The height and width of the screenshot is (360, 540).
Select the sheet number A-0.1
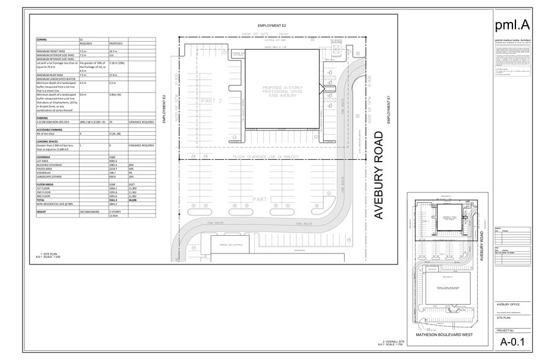click(x=512, y=342)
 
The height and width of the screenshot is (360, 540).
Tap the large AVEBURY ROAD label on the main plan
click(x=378, y=174)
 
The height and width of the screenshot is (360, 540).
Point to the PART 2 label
click(x=211, y=102)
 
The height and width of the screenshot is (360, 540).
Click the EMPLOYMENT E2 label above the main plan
click(x=272, y=25)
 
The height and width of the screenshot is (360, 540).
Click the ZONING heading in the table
click(x=42, y=39)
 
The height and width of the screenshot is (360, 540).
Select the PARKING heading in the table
click(x=43, y=118)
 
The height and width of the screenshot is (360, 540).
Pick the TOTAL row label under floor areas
click(x=42, y=200)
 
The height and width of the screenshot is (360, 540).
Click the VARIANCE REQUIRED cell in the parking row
click(x=141, y=122)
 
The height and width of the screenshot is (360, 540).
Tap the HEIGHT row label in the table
click(x=42, y=211)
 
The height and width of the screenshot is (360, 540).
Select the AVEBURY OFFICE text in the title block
click(x=508, y=304)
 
